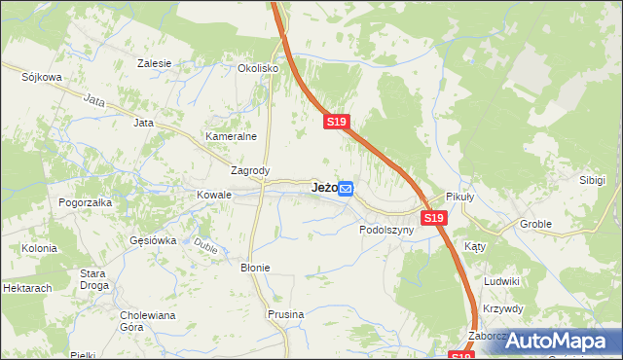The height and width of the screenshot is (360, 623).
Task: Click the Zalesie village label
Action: (x=155, y=63)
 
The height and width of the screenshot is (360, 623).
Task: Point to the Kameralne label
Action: (x=230, y=137)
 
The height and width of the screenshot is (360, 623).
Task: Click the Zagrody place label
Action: (x=249, y=170)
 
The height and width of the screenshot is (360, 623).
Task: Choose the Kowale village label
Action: (x=214, y=195)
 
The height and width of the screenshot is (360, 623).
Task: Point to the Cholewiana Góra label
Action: (x=145, y=321)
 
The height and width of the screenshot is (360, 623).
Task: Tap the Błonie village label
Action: (x=255, y=267)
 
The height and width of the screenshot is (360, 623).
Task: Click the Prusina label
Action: (x=286, y=314)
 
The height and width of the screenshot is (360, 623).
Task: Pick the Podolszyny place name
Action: (x=386, y=231)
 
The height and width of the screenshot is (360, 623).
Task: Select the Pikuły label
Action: (x=459, y=196)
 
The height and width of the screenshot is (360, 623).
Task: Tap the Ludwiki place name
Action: (x=501, y=281)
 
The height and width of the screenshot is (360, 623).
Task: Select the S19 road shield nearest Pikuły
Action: (x=435, y=219)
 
